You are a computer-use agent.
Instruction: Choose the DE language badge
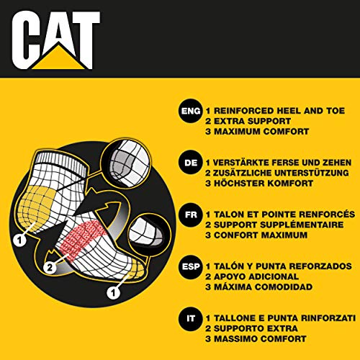coord(189,163)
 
